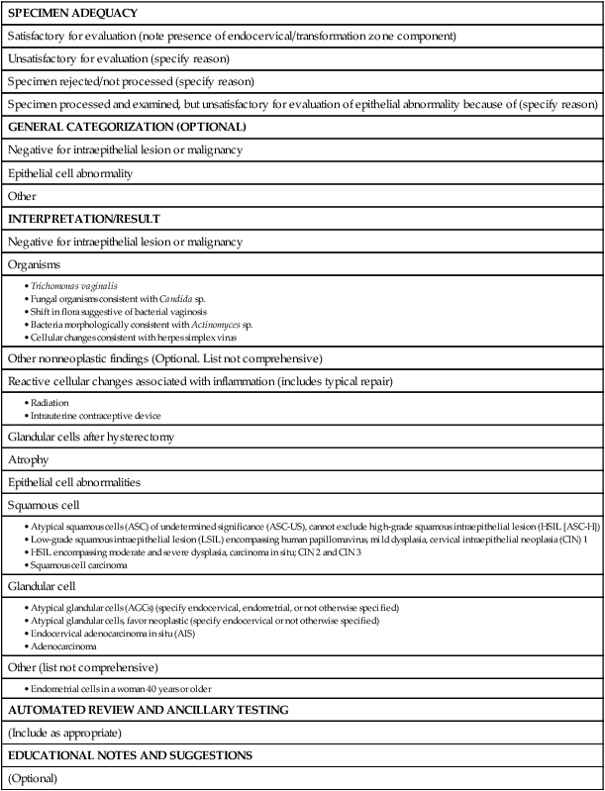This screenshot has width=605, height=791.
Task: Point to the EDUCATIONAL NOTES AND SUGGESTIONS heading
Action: pos(135,756)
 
